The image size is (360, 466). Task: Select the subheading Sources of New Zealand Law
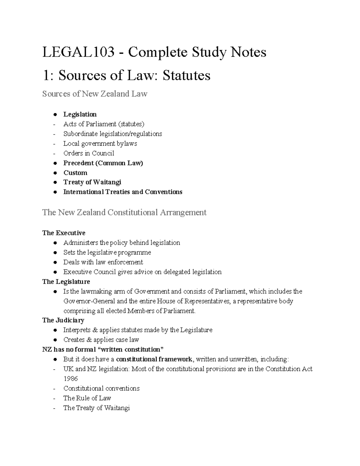pos(95,94)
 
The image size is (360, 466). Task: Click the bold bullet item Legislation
pos(80,114)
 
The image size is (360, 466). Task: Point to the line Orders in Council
pos(88,153)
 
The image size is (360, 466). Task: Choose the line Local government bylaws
pos(100,143)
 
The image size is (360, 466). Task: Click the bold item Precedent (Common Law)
pos(103,163)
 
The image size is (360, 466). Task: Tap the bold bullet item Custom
pos(75,173)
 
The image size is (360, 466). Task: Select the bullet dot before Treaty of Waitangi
pos(55,182)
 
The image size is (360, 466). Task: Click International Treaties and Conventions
pos(123,192)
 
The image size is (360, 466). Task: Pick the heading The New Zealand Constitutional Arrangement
pos(124,212)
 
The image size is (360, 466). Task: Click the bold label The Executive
pos(64,233)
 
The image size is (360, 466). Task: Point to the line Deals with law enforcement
pos(103,262)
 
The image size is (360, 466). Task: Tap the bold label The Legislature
pos(66,282)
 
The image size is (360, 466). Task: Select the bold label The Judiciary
pos(63,320)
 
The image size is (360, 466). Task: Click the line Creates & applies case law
pos(101,340)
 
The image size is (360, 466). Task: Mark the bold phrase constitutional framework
pos(154,359)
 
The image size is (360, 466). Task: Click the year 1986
pos(70,379)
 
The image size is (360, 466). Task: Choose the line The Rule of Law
pos(87,398)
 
